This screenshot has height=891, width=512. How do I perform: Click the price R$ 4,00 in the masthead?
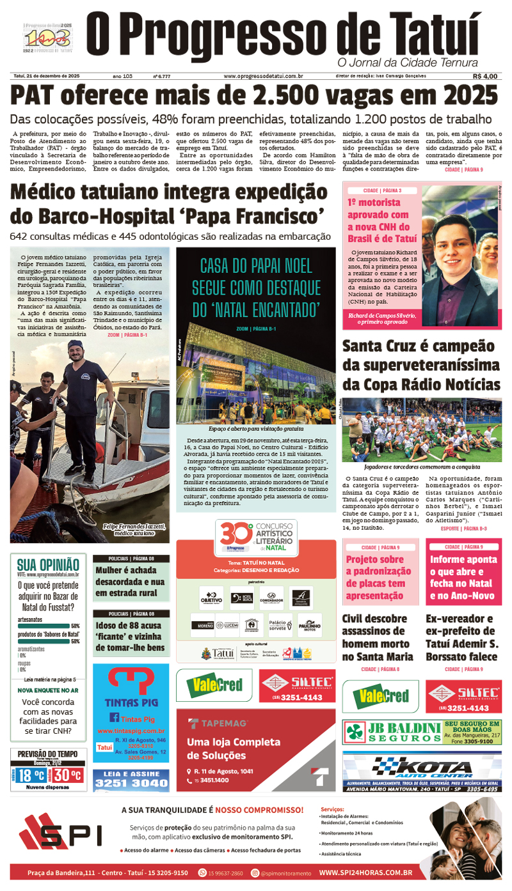[484, 76]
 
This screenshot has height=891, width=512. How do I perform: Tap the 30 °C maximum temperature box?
[67, 775]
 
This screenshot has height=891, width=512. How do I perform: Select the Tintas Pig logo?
[131, 688]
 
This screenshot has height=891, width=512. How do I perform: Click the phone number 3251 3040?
[131, 783]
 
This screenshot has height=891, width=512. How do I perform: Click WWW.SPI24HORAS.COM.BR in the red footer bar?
[365, 872]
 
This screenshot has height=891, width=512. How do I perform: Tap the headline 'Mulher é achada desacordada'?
[130, 582]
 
